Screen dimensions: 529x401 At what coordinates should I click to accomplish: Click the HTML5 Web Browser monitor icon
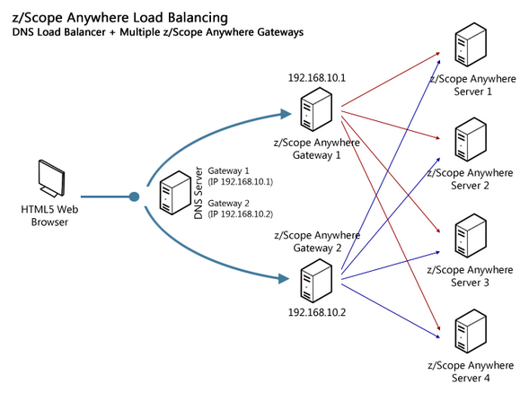click(x=51, y=179)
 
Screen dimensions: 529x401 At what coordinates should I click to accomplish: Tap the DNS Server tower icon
click(x=175, y=192)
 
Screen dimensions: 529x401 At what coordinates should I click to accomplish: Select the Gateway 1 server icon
click(x=316, y=109)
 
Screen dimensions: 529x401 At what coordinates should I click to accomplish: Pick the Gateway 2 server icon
click(x=316, y=281)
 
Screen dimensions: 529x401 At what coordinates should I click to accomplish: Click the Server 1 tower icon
click(x=471, y=45)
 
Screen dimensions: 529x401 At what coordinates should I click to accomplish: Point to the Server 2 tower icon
click(x=471, y=140)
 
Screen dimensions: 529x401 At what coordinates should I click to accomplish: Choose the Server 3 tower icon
click(x=471, y=236)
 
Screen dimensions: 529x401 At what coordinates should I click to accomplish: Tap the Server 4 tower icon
click(x=471, y=331)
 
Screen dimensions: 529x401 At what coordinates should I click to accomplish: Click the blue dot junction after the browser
click(x=135, y=196)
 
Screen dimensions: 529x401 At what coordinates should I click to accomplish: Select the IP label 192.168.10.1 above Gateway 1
click(x=317, y=78)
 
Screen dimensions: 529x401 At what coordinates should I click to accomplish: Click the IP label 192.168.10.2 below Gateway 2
click(x=317, y=312)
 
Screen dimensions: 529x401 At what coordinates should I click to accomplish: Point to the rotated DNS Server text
click(x=198, y=193)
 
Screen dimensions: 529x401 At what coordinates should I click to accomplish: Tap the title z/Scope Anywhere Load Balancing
click(x=120, y=18)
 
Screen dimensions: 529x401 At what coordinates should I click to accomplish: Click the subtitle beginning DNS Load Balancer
click(x=158, y=32)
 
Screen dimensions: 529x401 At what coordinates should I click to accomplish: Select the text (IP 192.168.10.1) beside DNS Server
click(x=240, y=181)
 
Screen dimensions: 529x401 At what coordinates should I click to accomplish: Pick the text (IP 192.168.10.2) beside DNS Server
click(x=240, y=214)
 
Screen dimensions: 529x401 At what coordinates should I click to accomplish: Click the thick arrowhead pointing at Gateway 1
click(x=286, y=114)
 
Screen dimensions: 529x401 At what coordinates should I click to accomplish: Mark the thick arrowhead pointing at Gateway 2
click(x=284, y=279)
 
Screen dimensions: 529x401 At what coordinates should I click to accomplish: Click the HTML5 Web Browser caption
click(x=49, y=215)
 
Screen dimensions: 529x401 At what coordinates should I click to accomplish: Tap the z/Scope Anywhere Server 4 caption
click(x=471, y=371)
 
